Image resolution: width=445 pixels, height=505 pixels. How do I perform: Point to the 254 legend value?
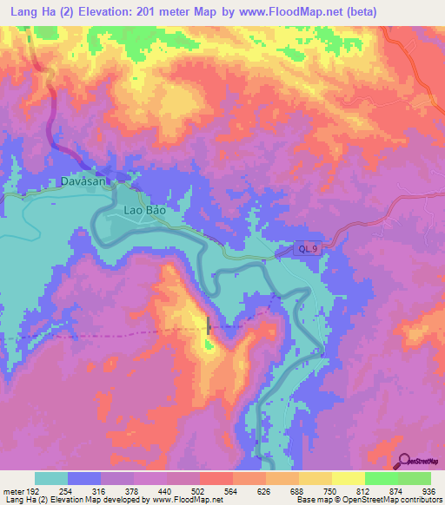[x=84, y=491]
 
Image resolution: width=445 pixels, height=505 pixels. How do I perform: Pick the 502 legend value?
[x=217, y=491]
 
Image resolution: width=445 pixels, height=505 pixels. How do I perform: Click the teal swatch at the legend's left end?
[x=51, y=478]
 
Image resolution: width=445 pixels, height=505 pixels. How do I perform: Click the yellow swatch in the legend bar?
[x=349, y=478]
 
